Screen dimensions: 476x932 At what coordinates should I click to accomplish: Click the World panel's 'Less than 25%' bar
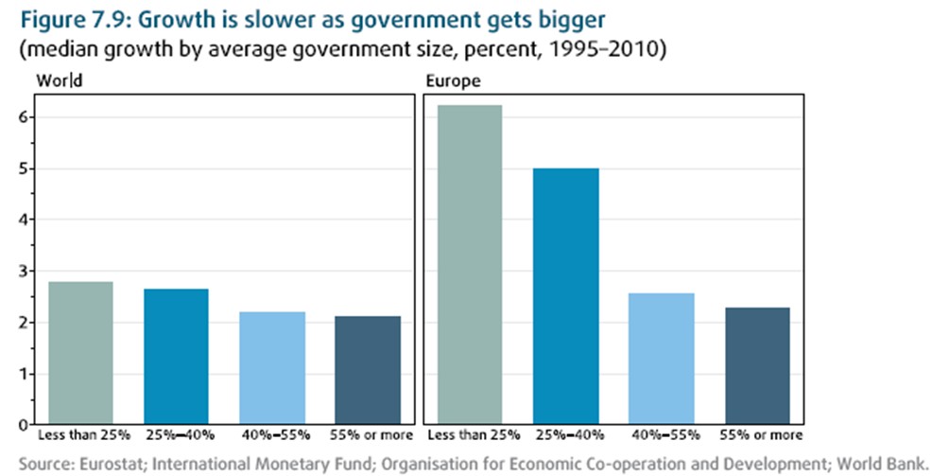pyautogui.click(x=80, y=352)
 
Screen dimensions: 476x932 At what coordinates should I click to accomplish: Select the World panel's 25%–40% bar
pyautogui.click(x=176, y=356)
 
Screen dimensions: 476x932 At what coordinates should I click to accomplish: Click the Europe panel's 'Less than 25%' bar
pyautogui.click(x=469, y=264)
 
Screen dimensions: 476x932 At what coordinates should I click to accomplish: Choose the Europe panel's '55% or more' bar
pyautogui.click(x=757, y=365)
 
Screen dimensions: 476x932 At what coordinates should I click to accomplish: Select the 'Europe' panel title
pyautogui.click(x=453, y=81)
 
